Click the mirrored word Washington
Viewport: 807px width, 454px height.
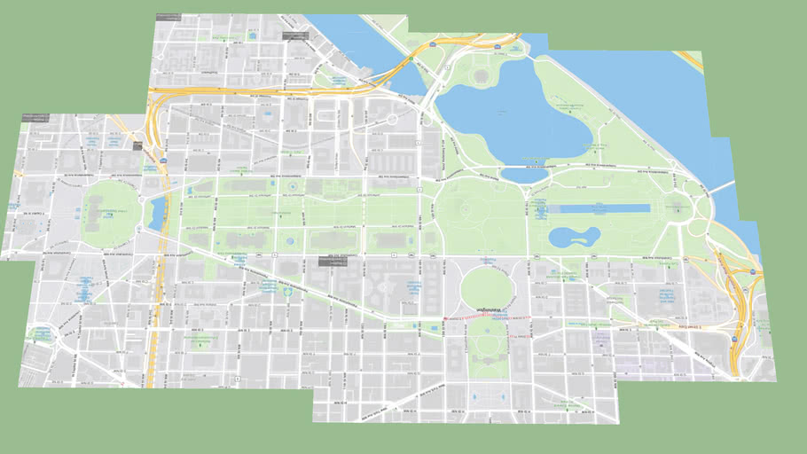click(489, 309)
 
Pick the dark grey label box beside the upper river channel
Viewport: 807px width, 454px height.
click(294, 35)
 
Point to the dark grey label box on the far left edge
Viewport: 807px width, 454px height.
click(35, 118)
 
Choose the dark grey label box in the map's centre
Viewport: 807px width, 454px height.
click(333, 260)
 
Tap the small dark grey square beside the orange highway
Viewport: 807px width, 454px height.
click(137, 146)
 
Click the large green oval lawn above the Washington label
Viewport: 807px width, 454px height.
click(485, 286)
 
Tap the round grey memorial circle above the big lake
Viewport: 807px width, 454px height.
click(482, 77)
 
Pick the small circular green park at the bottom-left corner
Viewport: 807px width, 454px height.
click(40, 334)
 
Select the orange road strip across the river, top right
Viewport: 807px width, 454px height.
click(690, 60)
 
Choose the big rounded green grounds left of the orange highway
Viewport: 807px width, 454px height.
click(111, 214)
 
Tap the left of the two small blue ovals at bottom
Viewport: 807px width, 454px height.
click(475, 396)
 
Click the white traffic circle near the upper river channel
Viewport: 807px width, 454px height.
click(391, 119)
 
